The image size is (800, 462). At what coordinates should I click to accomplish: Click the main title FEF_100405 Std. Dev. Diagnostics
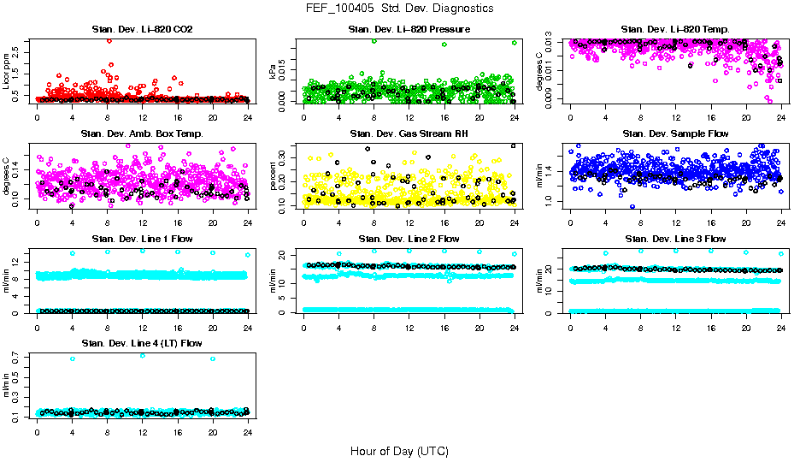(399, 9)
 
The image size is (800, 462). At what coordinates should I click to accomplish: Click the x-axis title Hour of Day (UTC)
(399, 451)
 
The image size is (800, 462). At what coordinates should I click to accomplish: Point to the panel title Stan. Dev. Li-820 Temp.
(675, 30)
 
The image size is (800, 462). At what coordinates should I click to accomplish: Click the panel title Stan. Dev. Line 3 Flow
(675, 239)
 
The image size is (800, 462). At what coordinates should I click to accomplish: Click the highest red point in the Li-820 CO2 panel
(109, 40)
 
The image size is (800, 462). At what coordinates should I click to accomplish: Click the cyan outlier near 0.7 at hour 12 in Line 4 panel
(142, 355)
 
